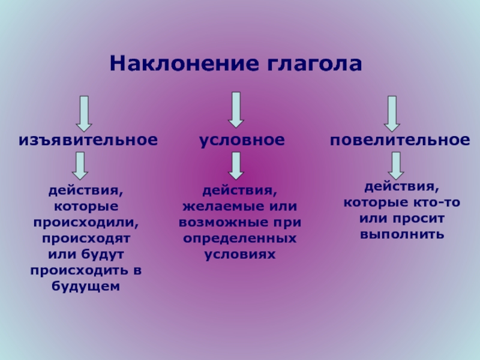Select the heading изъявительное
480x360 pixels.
pyautogui.click(x=88, y=140)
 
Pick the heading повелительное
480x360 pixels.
pyautogui.click(x=400, y=140)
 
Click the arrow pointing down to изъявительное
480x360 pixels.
pyautogui.click(x=84, y=114)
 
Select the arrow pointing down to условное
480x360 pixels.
pyautogui.click(x=236, y=110)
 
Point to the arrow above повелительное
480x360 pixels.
pyautogui.click(x=392, y=114)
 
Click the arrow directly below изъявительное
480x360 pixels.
pyautogui.click(x=80, y=166)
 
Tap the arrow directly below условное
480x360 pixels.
pyautogui.click(x=236, y=166)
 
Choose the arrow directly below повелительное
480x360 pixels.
pyautogui.click(x=396, y=166)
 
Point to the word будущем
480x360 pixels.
pyautogui.click(x=85, y=286)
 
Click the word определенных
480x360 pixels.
pyautogui.click(x=239, y=239)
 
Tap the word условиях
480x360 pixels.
pyautogui.click(x=239, y=254)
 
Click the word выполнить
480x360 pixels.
pyautogui.click(x=402, y=235)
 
